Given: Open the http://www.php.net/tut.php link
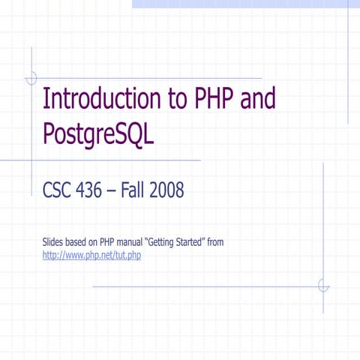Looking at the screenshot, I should pyautogui.click(x=92, y=256).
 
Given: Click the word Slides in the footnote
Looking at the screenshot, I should pyautogui.click(x=54, y=243).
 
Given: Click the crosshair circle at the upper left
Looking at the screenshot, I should pyautogui.click(x=31, y=77).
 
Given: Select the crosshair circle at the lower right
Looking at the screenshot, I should pyautogui.click(x=323, y=286).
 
